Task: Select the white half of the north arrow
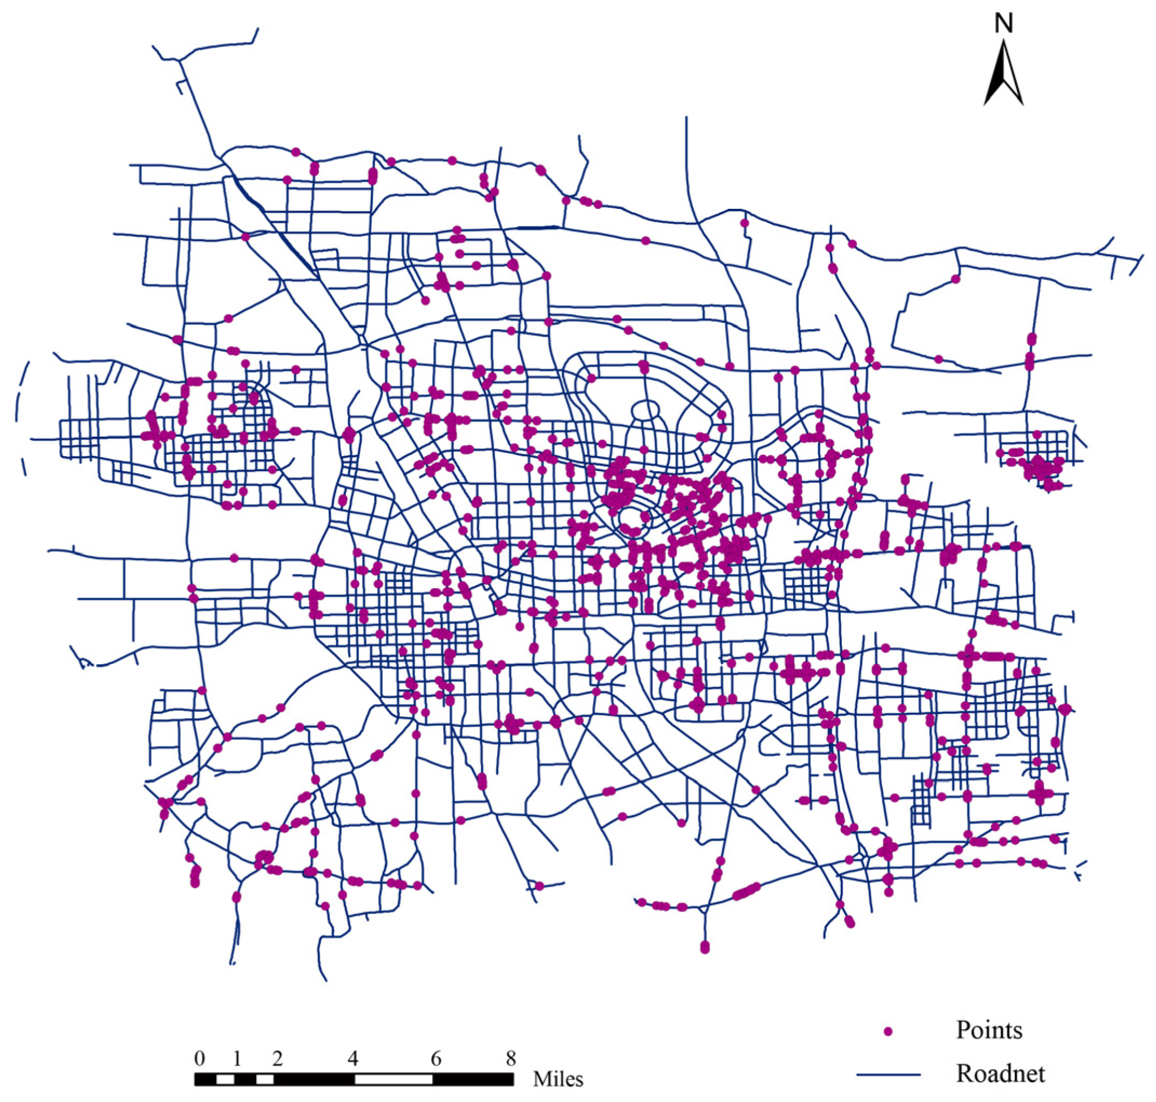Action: tap(1011, 82)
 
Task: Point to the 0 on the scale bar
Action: tap(200, 1058)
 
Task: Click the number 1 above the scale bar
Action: tap(237, 1058)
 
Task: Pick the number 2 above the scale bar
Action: tap(277, 1058)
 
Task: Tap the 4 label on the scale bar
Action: tap(352, 1058)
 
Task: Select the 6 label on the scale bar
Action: tap(436, 1058)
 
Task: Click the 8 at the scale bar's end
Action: tap(511, 1058)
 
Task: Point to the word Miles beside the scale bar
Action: tap(558, 1079)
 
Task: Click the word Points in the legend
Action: tap(989, 1030)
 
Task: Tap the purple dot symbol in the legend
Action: tap(888, 1031)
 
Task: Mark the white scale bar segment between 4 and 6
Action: tap(393, 1079)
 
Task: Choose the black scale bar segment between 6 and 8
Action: tap(473, 1079)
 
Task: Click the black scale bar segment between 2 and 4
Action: tap(314, 1079)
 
